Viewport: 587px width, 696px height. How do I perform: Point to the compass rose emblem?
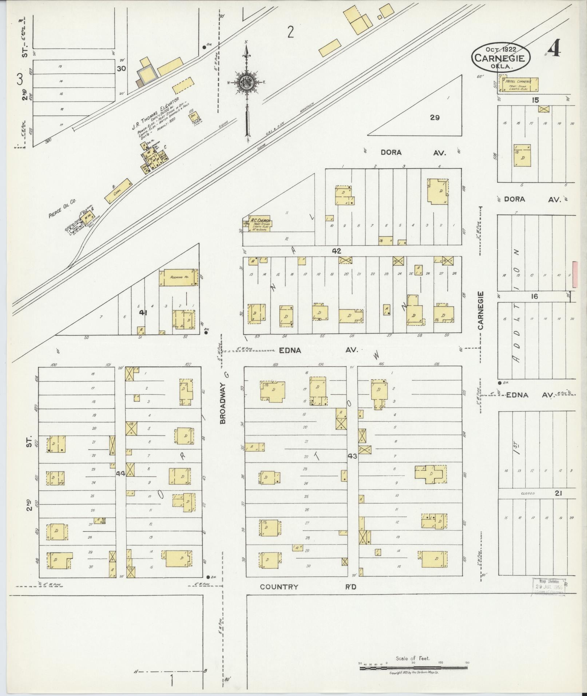[x=246, y=83]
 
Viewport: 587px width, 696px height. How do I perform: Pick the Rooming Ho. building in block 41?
[x=178, y=277]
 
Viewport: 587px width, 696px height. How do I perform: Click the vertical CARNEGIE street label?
[x=481, y=310]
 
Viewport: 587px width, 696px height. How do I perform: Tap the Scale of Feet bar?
[x=413, y=667]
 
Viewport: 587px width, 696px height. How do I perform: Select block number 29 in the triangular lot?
[x=435, y=118]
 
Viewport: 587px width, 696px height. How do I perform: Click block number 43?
[x=352, y=456]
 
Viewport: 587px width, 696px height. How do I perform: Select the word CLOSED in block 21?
[x=528, y=493]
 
